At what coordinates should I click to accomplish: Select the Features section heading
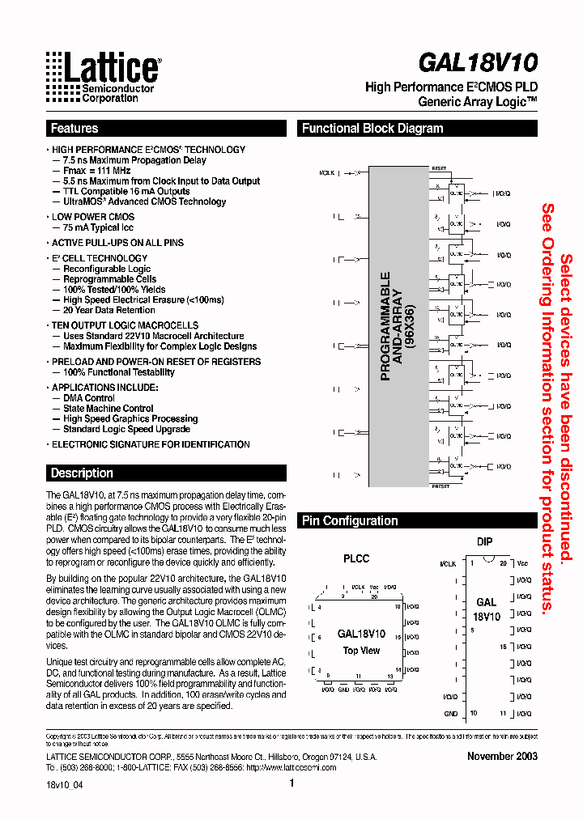(x=74, y=129)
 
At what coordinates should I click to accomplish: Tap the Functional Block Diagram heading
(x=372, y=129)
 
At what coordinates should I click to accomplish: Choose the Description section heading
(x=82, y=473)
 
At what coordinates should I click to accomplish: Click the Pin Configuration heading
(x=350, y=521)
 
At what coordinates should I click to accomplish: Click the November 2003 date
(x=502, y=756)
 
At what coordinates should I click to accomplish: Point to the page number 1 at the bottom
(x=291, y=783)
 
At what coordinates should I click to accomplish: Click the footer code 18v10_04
(x=65, y=785)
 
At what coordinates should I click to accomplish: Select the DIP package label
(x=484, y=542)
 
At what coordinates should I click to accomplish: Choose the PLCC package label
(x=356, y=558)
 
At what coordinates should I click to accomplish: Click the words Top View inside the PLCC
(x=361, y=651)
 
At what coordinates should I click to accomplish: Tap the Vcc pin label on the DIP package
(x=522, y=562)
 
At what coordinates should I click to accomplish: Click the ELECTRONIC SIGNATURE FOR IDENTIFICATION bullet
(x=151, y=444)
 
